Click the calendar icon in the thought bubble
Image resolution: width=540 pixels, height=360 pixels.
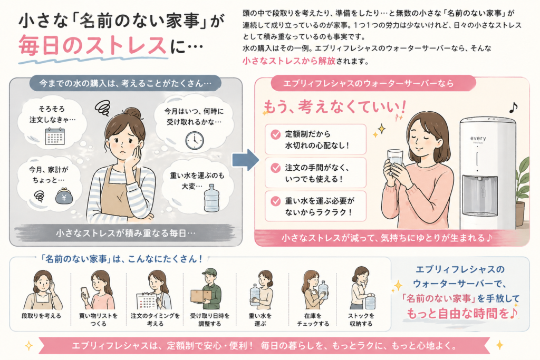[55, 136]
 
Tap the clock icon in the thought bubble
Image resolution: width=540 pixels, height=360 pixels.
[194, 140]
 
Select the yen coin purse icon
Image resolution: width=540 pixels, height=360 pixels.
[64, 197]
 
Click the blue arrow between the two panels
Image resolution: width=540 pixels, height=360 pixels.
[245, 160]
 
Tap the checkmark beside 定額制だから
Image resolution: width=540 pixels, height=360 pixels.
[275, 134]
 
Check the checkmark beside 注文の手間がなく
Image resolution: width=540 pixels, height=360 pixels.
[275, 168]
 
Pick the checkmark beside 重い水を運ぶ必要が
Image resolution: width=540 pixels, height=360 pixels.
[275, 201]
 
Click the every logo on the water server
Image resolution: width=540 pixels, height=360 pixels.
[478, 138]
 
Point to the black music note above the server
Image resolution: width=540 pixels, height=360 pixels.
[513, 108]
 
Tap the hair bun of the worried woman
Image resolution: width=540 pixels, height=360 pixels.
[132, 113]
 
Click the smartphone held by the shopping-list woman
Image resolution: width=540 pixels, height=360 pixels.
[85, 292]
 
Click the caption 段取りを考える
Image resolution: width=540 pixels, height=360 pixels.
[41, 316]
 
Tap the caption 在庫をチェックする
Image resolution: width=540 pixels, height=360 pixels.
[313, 320]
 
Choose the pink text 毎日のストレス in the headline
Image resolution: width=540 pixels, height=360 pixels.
[92, 46]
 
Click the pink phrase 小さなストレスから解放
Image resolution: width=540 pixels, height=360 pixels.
[289, 61]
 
